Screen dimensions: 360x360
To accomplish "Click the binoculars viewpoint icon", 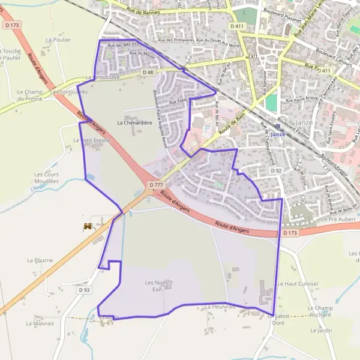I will pos(88,227).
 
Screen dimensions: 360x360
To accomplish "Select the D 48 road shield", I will pos(148,72).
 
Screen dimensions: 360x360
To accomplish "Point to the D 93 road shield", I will pos(85,290).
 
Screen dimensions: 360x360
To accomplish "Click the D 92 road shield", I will pos(276,171).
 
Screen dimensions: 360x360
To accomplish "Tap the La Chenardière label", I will pos(133,122).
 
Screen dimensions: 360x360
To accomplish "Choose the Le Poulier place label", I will pos(58,40).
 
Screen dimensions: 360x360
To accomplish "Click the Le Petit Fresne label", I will pos(90,140).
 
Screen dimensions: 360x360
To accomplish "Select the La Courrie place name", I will pos(40,260).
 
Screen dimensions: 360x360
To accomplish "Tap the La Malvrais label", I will pos(40,323).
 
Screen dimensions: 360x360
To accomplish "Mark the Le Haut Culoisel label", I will pos(298,283).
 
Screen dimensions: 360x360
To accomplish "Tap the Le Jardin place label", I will pos(321,330).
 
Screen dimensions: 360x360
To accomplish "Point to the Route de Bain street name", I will pos(233,127).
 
